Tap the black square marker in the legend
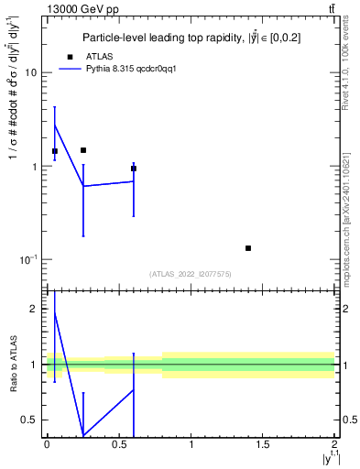(x=70, y=56)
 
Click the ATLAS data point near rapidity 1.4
(x=248, y=248)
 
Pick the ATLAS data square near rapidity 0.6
(x=134, y=169)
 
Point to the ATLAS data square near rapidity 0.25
(x=83, y=150)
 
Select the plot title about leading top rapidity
(x=191, y=38)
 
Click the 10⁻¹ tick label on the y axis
(x=28, y=260)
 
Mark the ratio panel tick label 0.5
(x=31, y=420)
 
